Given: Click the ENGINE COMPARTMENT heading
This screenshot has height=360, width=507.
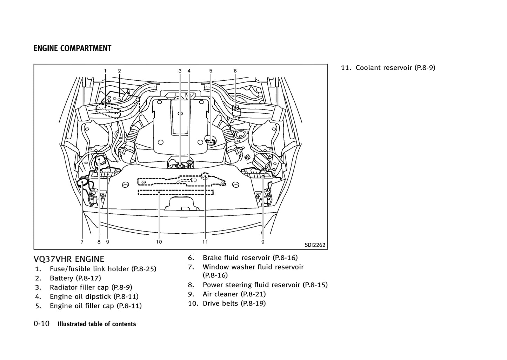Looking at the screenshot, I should coord(72,48).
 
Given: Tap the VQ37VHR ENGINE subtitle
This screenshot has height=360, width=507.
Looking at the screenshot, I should coord(69,259).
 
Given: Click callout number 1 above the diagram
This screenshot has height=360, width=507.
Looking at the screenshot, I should coord(105,71).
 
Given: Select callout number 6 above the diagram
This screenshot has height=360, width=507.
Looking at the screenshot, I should coord(235,71).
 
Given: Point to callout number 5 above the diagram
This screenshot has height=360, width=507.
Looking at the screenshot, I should coord(211,71).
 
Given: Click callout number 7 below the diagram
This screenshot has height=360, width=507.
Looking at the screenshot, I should coord(82,242).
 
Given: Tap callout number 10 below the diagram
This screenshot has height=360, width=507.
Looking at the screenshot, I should coord(159,242).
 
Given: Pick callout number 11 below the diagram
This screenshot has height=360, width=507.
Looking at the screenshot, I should coord(205,242).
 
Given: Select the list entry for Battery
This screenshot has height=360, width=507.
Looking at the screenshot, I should coord(75,278).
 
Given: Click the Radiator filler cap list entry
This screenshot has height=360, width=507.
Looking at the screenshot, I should coord(91,287).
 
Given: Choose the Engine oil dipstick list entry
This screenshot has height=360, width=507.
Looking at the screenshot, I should coord(94,296).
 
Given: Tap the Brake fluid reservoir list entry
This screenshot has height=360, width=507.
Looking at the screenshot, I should coord(250,258).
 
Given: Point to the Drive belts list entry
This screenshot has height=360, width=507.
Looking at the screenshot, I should coord(234,303).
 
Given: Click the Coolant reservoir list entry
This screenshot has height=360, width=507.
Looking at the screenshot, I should coord(395,68).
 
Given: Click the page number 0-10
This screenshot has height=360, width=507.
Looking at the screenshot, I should coord(42,324).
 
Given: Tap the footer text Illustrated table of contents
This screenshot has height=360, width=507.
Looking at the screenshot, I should coord(96,324).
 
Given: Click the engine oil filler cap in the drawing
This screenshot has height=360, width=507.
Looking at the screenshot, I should coord(209,142).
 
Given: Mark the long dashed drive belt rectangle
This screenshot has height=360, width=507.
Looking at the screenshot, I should coord(175,192).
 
